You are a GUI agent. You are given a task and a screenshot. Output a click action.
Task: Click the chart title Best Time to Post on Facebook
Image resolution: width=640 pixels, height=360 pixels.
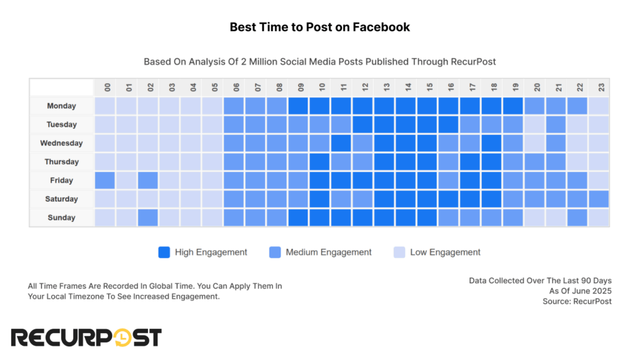coord(319,27)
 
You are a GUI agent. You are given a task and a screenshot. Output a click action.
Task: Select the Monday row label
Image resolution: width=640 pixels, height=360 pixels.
coord(61,106)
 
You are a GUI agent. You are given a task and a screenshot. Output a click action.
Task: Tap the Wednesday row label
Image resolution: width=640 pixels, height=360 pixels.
coord(61,143)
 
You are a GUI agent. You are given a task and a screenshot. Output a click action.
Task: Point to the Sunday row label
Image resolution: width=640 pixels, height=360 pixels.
coord(61,217)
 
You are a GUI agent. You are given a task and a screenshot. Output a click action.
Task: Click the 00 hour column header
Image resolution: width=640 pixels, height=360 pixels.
coord(105,87)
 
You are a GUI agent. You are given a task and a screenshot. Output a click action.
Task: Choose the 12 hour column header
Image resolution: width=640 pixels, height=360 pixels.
coord(363,87)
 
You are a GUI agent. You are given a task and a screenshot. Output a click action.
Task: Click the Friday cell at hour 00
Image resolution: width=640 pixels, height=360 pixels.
coord(105,181)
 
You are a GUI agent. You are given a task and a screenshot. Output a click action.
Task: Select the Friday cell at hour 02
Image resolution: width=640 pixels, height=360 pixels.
coord(148,181)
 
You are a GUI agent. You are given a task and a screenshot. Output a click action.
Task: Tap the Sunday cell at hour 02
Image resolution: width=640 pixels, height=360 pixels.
coord(148,217)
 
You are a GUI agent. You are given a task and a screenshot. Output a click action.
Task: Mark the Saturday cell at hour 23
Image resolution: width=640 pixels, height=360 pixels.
coord(599,199)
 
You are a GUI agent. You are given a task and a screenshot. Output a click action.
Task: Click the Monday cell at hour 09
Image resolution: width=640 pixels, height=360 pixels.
coord(299,106)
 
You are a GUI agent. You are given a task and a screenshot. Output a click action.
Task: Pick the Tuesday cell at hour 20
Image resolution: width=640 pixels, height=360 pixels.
coord(534,124)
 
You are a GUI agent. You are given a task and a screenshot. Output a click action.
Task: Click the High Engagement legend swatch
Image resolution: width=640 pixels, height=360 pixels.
coord(164,252)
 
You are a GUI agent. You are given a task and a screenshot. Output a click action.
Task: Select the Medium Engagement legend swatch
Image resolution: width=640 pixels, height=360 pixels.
coord(274,252)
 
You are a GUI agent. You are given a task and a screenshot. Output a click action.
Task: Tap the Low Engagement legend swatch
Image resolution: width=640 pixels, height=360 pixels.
coord(399,252)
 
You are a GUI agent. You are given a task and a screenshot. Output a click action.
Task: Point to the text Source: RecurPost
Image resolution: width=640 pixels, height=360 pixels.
coord(577,302)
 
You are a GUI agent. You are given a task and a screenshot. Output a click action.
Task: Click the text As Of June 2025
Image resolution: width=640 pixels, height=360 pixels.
coord(580,291)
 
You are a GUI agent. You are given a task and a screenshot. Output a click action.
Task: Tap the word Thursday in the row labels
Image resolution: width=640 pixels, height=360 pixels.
coord(61,162)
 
